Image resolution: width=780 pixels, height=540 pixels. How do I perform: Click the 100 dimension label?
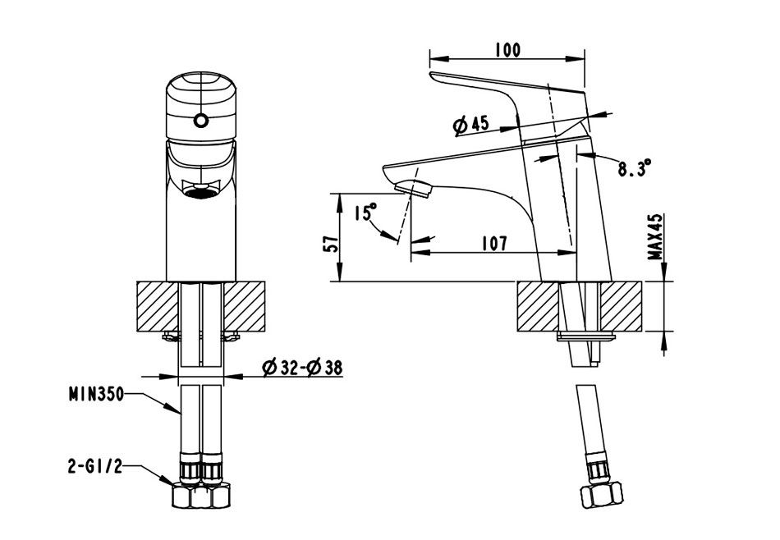[508, 50]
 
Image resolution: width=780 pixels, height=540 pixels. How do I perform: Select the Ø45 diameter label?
[471, 124]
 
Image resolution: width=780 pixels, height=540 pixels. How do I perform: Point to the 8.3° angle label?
[635, 167]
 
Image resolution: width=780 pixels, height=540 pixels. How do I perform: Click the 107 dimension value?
[495, 243]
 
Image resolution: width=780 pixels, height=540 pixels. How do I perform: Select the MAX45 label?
[656, 236]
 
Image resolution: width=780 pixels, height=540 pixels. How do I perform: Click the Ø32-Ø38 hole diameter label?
[302, 368]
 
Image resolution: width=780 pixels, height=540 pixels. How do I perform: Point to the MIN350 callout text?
[96, 395]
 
